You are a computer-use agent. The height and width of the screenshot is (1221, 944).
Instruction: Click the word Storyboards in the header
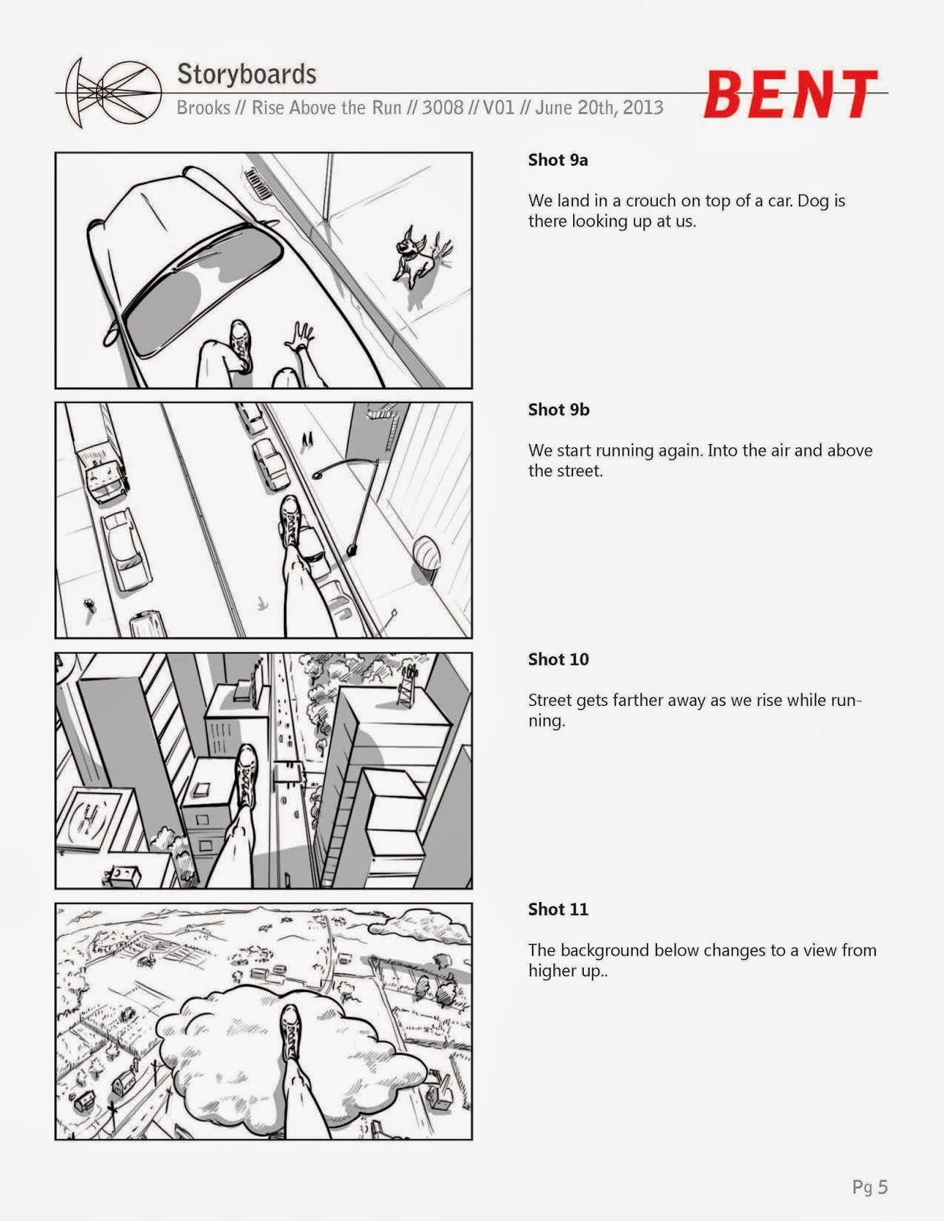(246, 74)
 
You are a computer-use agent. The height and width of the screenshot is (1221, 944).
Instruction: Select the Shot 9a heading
(558, 159)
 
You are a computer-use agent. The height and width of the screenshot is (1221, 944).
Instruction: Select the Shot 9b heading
(559, 409)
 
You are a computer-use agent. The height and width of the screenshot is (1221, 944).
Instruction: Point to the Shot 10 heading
(558, 659)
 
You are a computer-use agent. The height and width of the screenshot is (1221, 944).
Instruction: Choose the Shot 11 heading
(558, 909)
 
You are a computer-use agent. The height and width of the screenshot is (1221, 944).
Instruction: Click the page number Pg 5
(870, 1187)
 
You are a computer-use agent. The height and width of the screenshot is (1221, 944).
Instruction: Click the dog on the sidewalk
(417, 253)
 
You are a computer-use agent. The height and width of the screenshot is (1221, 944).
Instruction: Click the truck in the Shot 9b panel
(99, 466)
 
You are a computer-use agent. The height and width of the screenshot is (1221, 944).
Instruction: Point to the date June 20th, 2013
(599, 107)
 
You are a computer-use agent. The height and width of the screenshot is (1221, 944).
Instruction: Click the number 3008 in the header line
(443, 107)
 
